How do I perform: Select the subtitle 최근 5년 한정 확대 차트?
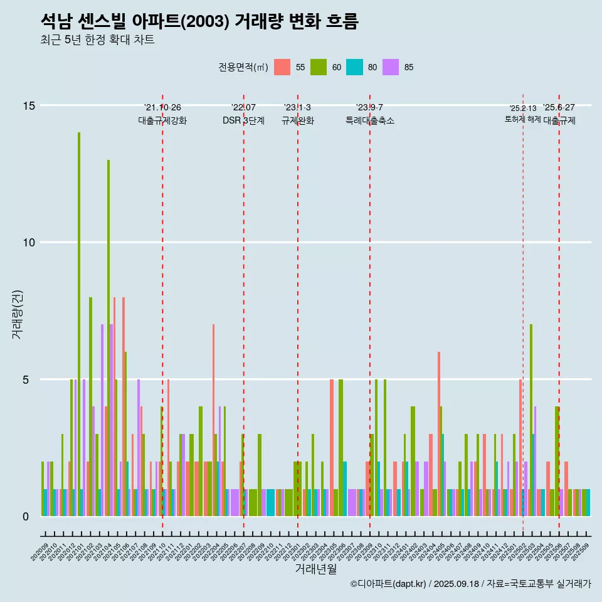97,40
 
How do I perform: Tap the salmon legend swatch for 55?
282,67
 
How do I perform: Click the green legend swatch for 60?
319,67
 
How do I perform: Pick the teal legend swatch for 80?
355,67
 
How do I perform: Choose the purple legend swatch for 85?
391,67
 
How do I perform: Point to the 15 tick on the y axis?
29,105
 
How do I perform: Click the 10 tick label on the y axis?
29,243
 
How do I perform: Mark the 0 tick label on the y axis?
26,517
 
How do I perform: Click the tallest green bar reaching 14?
79,314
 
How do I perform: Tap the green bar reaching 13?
108,326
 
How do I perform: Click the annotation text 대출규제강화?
162,121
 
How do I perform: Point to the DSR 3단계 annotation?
243,121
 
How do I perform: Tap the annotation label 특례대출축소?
370,121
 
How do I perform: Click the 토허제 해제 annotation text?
523,119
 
